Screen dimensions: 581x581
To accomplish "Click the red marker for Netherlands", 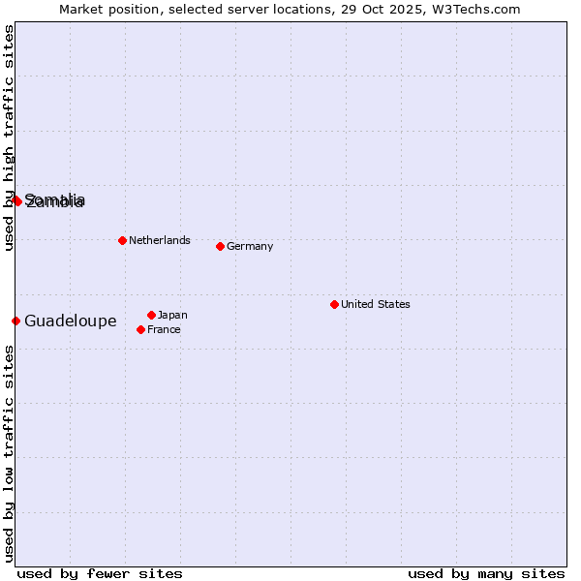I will (122, 240).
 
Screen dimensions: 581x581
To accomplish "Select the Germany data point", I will (220, 246).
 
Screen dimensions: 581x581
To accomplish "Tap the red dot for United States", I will (334, 304).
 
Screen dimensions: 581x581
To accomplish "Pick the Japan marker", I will (151, 315).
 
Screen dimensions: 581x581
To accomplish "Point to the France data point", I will (141, 329).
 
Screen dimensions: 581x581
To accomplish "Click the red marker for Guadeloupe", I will (15, 321).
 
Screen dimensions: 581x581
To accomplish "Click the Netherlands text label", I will (159, 240).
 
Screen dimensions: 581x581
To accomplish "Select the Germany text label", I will (250, 246).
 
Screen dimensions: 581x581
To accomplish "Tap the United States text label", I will (375, 304).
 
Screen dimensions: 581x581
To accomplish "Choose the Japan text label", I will (172, 315).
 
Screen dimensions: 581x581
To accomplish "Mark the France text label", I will (164, 329).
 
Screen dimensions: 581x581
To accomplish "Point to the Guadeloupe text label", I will (70, 321).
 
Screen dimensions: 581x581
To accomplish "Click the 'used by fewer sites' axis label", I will (100, 573).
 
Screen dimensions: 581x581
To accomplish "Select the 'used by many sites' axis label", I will (486, 573).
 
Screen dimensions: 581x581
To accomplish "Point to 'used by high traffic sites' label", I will (9, 138).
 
